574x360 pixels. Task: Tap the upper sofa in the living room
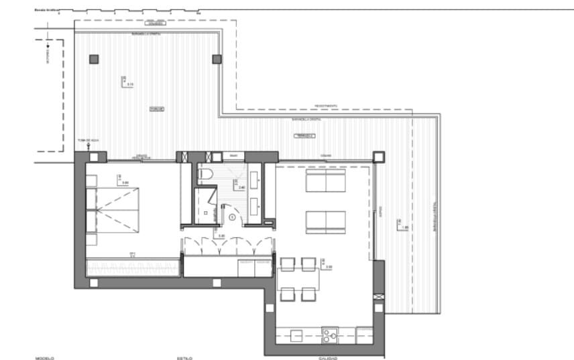pos(325,181)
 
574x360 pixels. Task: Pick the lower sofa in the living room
pos(325,222)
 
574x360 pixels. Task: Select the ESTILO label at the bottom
pos(185,358)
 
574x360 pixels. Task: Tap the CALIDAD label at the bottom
pos(327,358)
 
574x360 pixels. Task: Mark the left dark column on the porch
pos(94,59)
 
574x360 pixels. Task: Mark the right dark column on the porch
pos(217,59)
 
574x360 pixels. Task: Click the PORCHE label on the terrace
pos(157,109)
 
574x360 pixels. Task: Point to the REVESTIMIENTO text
pos(326,106)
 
